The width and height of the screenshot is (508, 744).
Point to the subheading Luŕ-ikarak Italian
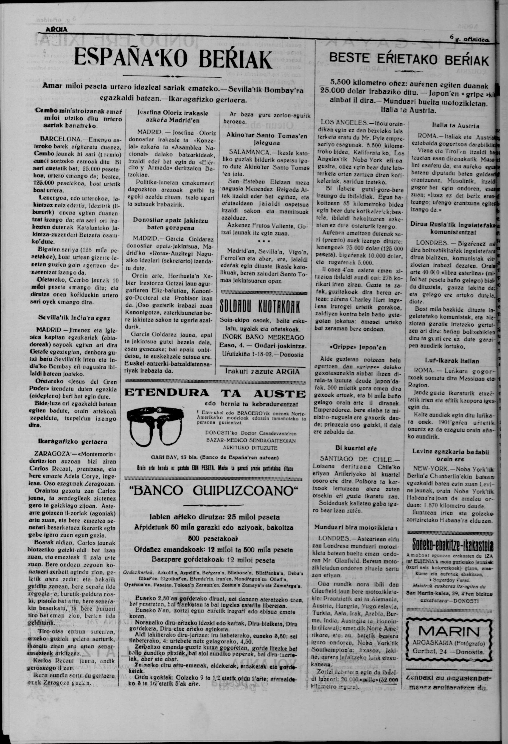452,361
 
